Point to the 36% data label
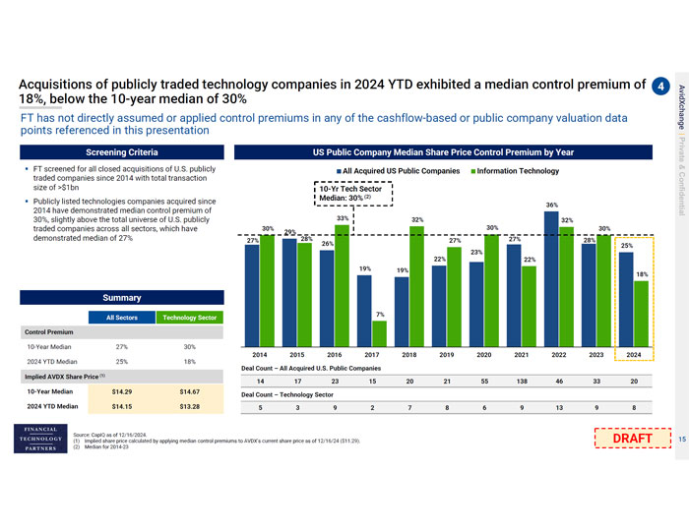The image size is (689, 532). pos(551,204)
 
